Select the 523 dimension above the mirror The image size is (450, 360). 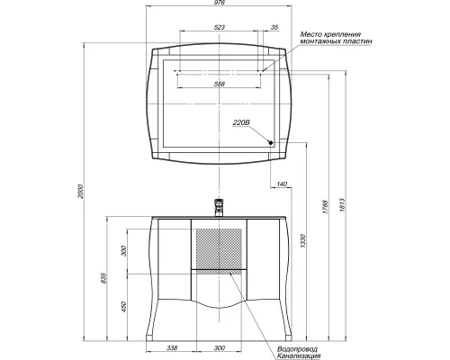219,28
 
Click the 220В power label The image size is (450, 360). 241,121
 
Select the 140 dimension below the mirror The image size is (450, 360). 282,184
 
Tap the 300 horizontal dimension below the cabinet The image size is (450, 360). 219,347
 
